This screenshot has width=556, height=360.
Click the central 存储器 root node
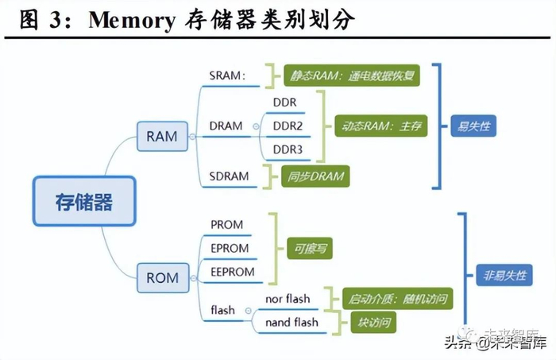coord(84,201)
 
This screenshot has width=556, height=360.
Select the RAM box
coord(162,137)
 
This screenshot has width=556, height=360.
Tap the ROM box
coord(163,278)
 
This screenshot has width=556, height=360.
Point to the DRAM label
coord(226,126)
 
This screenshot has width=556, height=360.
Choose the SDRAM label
coord(229,176)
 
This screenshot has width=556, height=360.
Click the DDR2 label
coord(288,126)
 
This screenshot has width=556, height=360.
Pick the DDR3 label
coord(288,149)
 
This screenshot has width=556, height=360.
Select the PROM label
coord(227,225)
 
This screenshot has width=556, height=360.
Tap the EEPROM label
coord(233,271)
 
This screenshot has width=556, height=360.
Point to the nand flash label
coord(292,322)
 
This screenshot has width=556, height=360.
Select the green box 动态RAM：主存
coord(380,126)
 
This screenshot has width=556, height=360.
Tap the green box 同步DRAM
coord(315,176)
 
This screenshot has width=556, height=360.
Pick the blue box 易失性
coord(473,126)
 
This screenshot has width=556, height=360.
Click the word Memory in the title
coord(130,20)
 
